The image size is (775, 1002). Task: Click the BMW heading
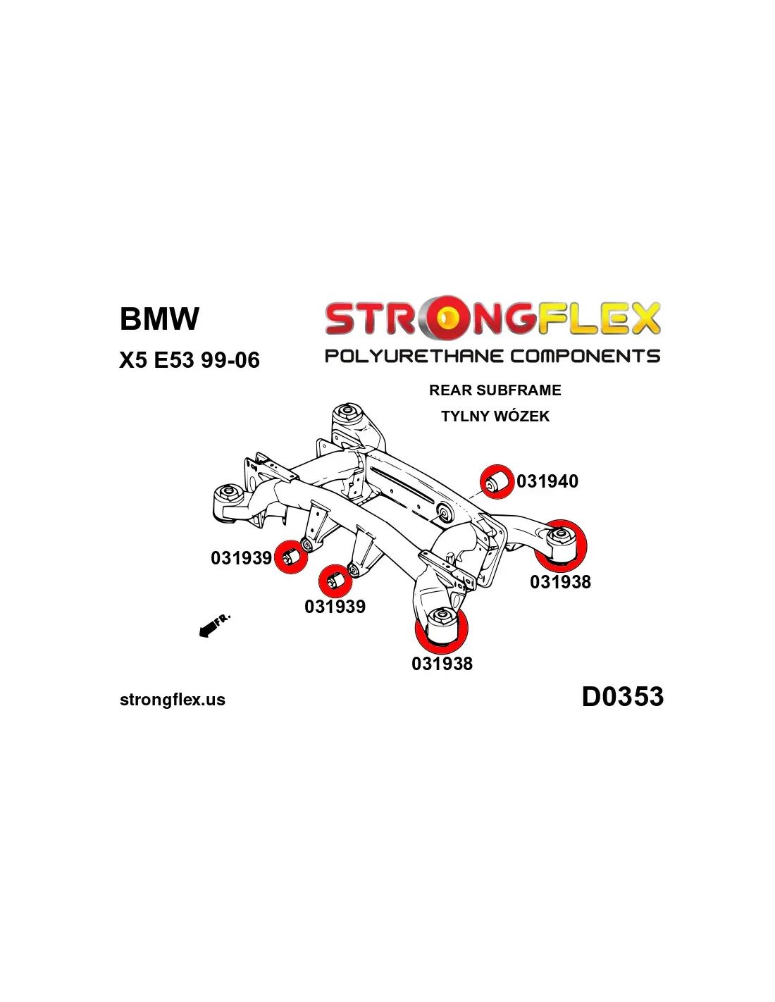coord(159,318)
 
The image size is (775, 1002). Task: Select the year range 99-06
coord(230,360)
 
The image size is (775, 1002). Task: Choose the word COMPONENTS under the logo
coord(585,356)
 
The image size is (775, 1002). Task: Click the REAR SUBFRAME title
coord(495,390)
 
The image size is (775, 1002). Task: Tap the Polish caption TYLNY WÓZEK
coord(495,416)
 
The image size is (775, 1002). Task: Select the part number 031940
coord(547,481)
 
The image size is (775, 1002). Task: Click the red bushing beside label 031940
coord(497,482)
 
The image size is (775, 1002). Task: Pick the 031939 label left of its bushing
coord(241,558)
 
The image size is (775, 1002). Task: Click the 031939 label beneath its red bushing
coord(335,607)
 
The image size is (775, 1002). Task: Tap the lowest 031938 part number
coord(442,664)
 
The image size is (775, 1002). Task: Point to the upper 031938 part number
coord(560,582)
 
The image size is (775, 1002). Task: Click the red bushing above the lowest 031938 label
coord(442,629)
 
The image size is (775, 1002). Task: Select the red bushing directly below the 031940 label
coord(561,545)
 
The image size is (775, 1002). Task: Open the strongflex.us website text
coord(173,700)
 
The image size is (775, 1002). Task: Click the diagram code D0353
coord(622,697)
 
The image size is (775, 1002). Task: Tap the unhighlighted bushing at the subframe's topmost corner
coord(347,410)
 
